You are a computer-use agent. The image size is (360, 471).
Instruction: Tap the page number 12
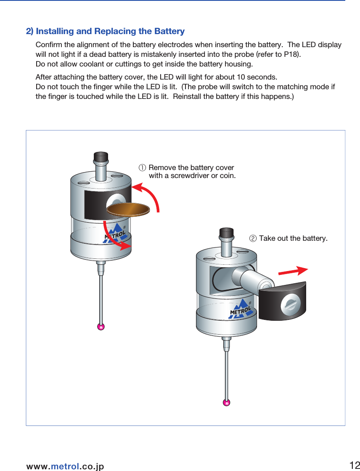(x=354, y=465)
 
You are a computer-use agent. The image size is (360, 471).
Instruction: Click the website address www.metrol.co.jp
(x=65, y=466)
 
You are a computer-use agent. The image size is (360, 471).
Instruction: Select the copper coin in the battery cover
(x=129, y=208)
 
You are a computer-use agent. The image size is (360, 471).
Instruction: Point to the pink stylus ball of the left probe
(x=101, y=327)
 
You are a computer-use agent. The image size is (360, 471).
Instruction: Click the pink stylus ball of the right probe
(x=227, y=402)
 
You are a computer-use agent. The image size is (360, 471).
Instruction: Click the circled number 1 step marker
(x=143, y=168)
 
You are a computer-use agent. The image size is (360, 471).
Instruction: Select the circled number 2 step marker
(x=253, y=239)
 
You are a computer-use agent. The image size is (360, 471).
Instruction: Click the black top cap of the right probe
(x=227, y=233)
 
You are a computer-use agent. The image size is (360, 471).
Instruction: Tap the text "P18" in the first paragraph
(x=291, y=55)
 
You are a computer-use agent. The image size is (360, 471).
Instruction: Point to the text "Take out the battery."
(x=293, y=239)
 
